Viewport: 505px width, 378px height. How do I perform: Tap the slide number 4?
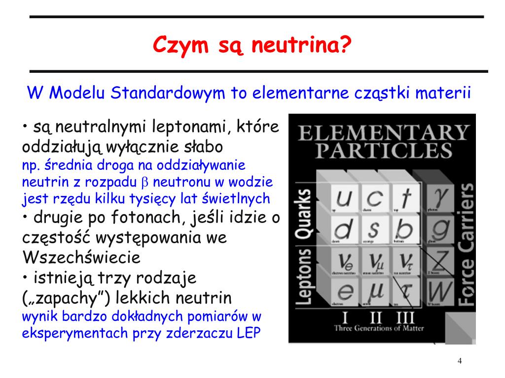click(x=460, y=361)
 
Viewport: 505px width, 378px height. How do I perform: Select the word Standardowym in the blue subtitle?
click(x=168, y=93)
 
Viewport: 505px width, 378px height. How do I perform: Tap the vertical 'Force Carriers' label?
click(x=466, y=244)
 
